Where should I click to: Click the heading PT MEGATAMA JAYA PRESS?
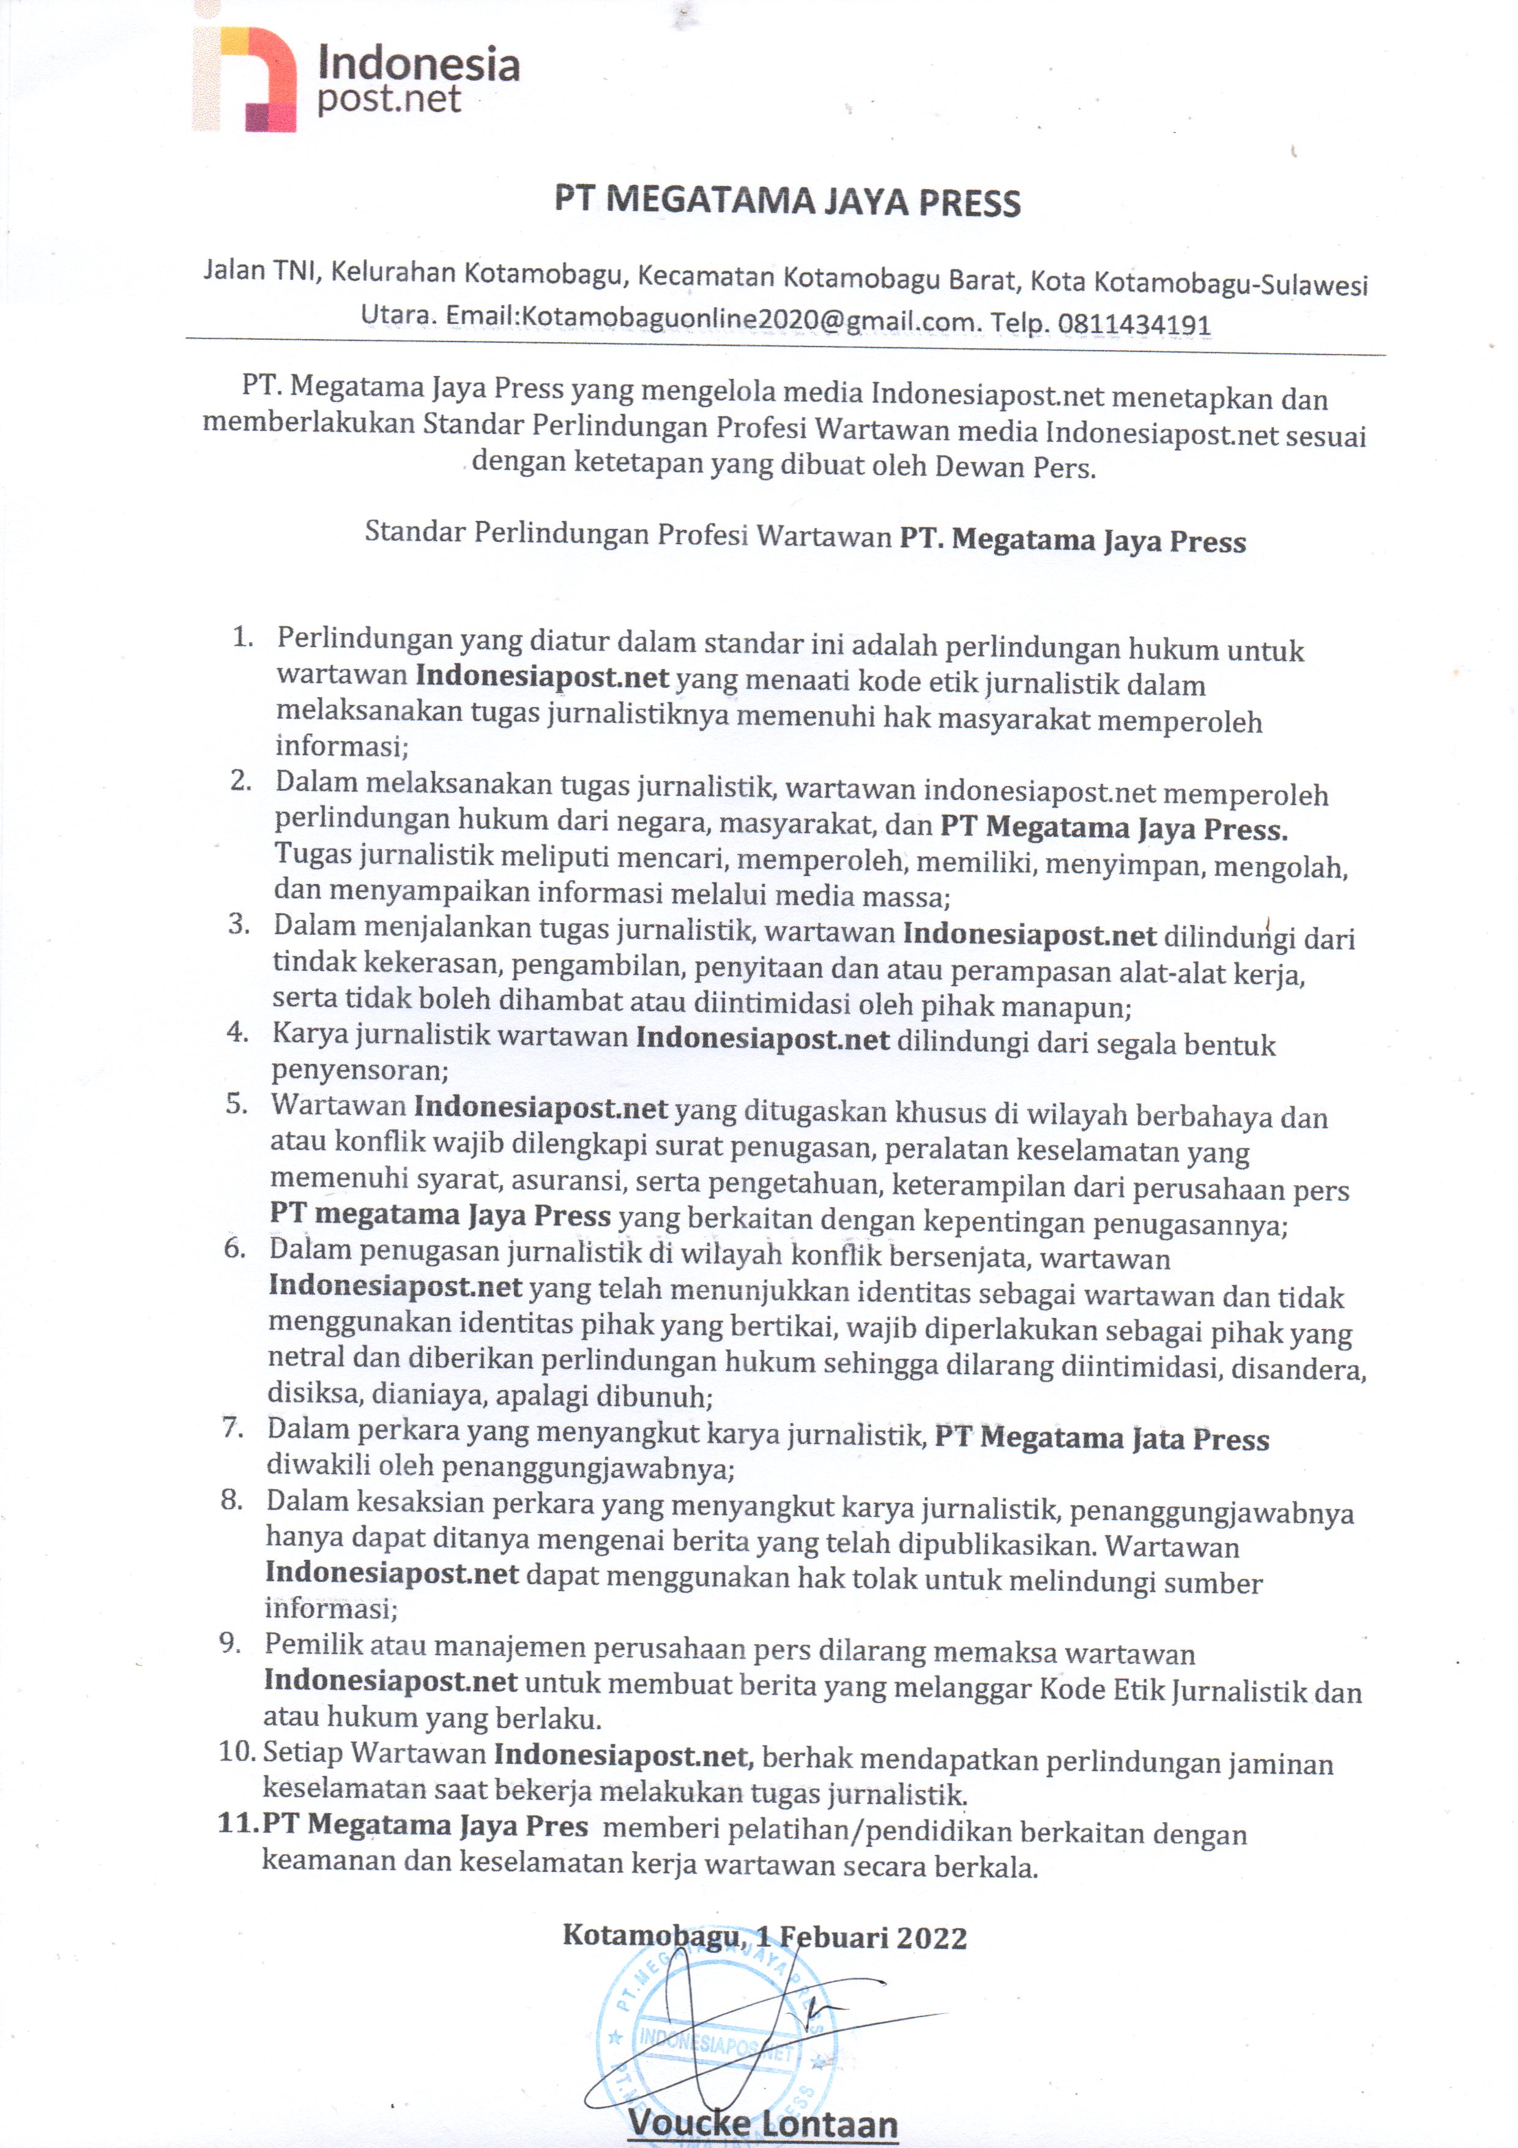787,202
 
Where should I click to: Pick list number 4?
237,1033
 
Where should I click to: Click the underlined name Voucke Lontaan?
762,2123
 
